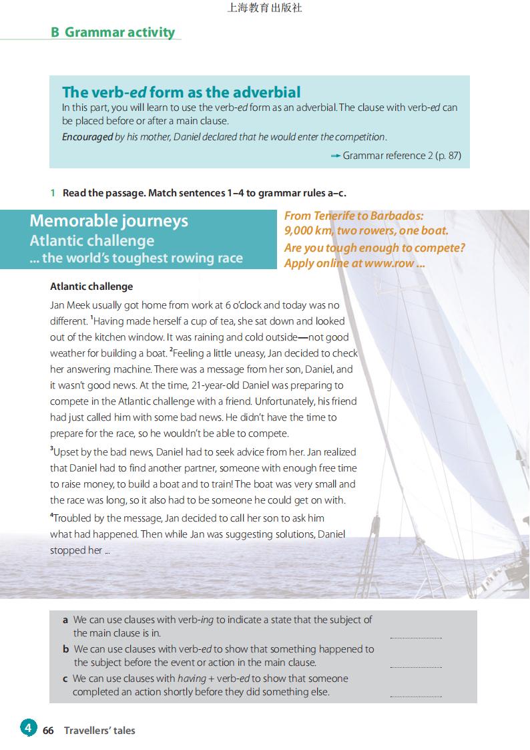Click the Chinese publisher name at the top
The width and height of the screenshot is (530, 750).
coord(264,8)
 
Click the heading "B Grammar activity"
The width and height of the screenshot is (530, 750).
coord(113,32)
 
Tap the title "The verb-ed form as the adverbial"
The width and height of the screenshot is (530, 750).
coord(181,92)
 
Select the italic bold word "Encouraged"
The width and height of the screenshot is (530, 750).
coord(87,137)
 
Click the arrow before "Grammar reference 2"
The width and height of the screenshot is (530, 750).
coord(335,156)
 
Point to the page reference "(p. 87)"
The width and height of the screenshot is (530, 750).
coord(447,156)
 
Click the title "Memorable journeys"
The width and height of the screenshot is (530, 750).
coord(109,220)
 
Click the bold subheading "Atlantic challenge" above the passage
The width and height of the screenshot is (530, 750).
coord(91,287)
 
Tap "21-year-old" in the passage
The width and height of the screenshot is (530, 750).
coord(216,385)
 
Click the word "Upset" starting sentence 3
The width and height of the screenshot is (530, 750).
coord(66,453)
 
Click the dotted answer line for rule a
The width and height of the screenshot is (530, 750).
coord(415,638)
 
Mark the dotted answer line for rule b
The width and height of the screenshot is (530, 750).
coord(415,667)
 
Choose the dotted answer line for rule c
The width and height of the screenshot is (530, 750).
coord(415,696)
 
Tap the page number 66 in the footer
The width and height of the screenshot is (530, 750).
coord(48,731)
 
